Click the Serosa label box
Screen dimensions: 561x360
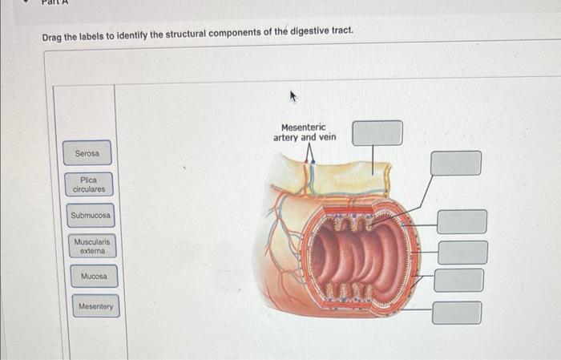(87, 153)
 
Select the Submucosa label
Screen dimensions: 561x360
(91, 216)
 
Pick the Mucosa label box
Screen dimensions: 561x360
(93, 277)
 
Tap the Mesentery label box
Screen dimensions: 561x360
(95, 306)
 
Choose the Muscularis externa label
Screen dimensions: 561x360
(91, 246)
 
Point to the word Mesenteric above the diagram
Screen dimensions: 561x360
(304, 127)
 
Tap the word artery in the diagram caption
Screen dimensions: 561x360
(286, 137)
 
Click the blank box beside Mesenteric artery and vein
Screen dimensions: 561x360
(377, 133)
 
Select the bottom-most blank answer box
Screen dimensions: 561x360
(457, 312)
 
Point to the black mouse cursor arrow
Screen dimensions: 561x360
(294, 98)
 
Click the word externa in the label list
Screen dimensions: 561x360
(91, 251)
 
